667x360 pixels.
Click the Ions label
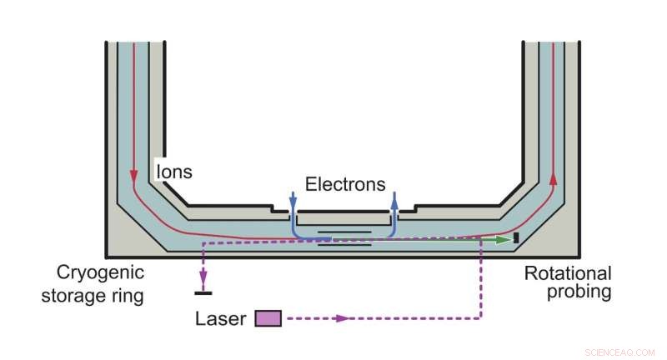(x=174, y=172)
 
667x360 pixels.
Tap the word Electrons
(x=345, y=183)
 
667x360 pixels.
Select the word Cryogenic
(x=100, y=272)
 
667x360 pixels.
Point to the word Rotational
(x=568, y=272)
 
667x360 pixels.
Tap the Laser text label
(x=220, y=318)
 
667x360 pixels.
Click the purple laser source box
(x=268, y=317)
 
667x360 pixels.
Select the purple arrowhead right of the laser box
(x=342, y=317)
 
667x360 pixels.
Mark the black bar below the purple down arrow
(x=202, y=292)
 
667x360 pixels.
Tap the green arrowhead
(x=502, y=240)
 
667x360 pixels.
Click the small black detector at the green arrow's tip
(x=516, y=239)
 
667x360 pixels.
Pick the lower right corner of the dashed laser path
(x=481, y=317)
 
